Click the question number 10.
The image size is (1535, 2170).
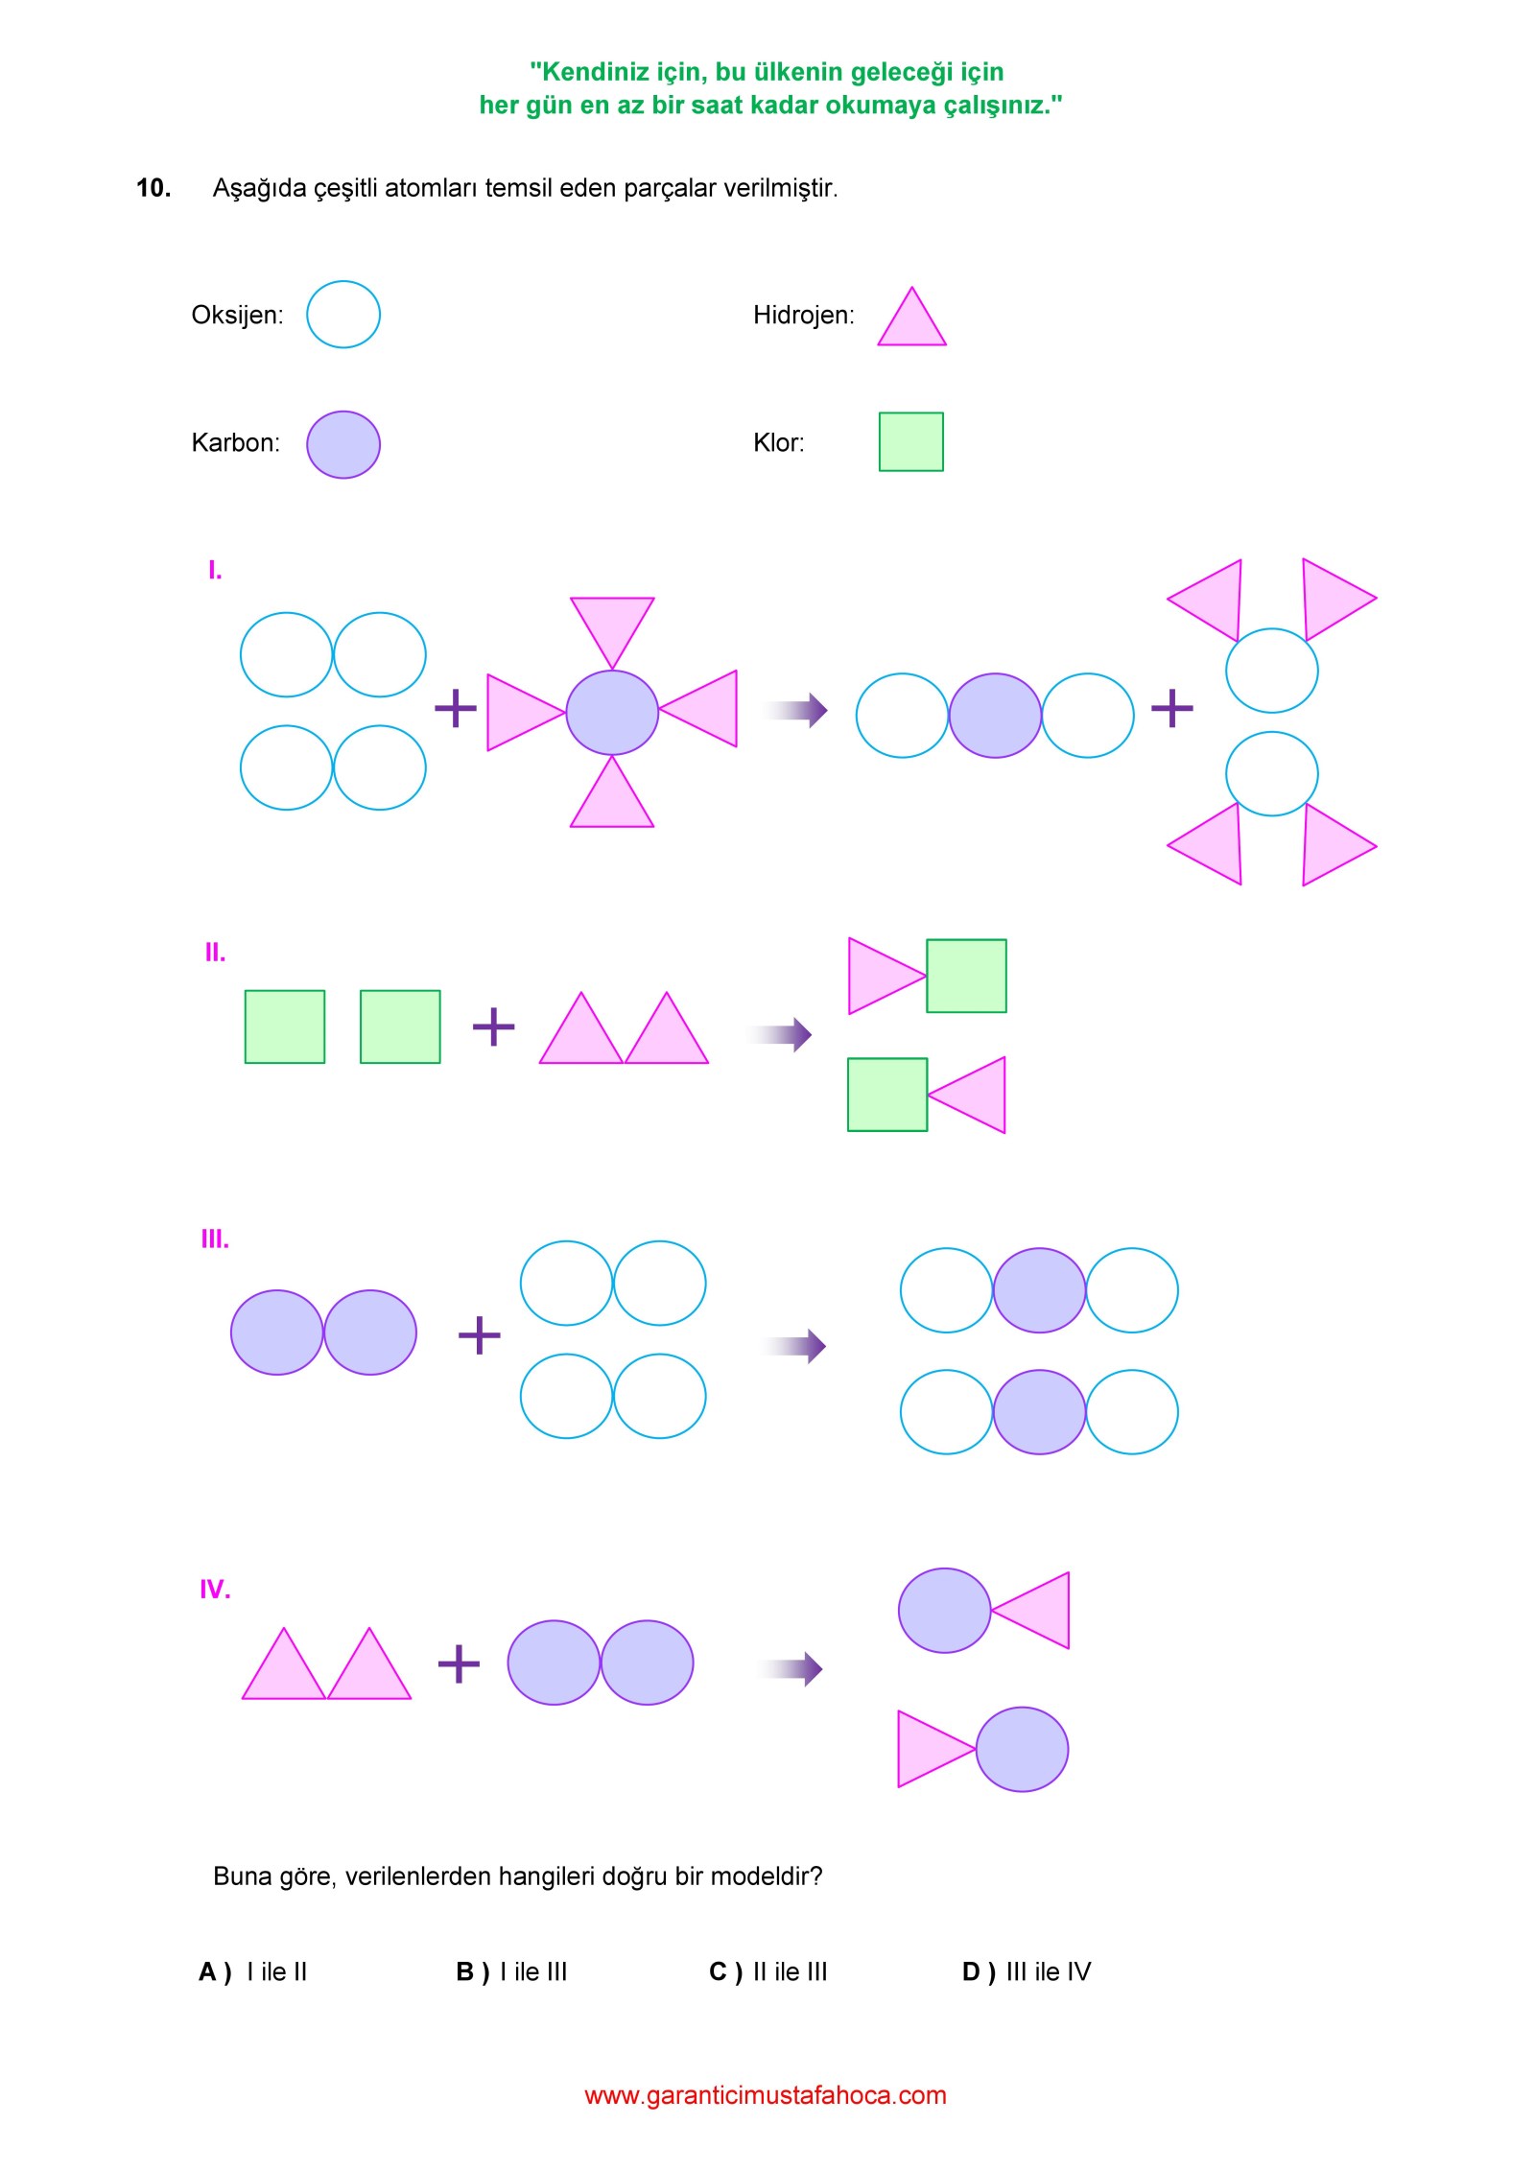click(153, 188)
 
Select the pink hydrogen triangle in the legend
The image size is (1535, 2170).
click(911, 317)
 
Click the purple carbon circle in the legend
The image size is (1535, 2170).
click(343, 445)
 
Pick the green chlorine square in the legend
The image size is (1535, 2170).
click(911, 442)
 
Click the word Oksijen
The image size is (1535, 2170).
click(237, 316)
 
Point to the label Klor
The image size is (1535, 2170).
click(778, 442)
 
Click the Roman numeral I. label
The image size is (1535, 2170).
click(215, 571)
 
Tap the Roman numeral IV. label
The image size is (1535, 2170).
click(215, 1590)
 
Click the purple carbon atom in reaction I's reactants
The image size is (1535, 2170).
click(612, 713)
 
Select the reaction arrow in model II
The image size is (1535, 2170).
click(780, 1034)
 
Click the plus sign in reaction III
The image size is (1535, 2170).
click(480, 1334)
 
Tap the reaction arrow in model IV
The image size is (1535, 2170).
click(791, 1669)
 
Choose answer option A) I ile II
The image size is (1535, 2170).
click(253, 1971)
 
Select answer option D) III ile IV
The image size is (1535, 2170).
click(1027, 1971)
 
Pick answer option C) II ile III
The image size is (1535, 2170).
click(767, 1971)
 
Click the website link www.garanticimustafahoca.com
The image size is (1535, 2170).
click(766, 2095)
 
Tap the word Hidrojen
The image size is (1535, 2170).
click(804, 316)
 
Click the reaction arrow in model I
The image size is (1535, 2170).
click(794, 710)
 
